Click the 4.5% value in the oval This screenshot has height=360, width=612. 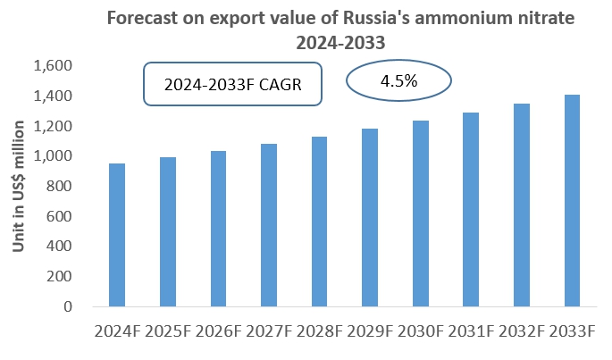click(x=399, y=81)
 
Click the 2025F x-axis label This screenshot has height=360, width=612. click(x=167, y=332)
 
